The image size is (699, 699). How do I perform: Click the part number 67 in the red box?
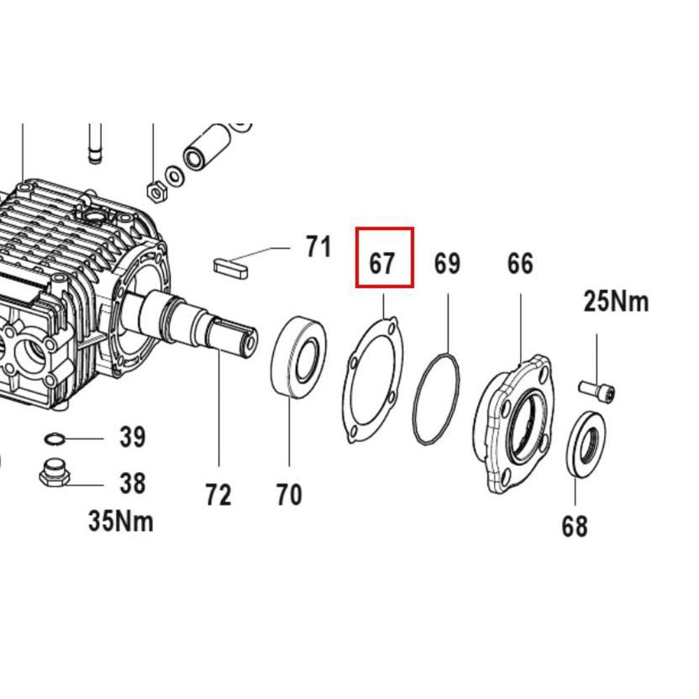click(x=382, y=264)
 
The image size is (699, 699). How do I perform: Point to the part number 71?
click(x=318, y=247)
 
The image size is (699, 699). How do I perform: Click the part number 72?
click(x=218, y=495)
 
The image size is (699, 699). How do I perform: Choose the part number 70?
click(x=289, y=494)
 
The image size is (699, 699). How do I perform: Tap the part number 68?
click(x=575, y=526)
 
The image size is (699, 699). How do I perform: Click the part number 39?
click(x=132, y=437)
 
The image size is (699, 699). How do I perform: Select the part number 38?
click(x=132, y=483)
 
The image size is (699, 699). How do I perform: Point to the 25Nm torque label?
click(x=616, y=301)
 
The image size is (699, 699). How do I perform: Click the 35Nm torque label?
click(x=121, y=521)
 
